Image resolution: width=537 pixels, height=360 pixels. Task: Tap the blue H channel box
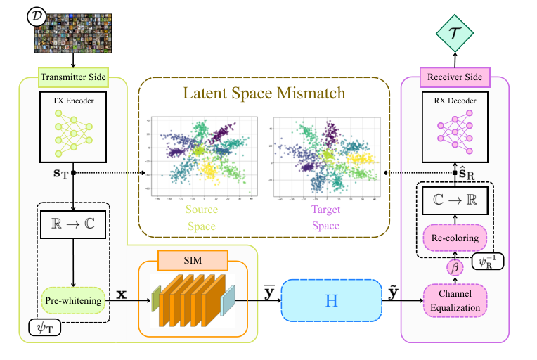[x=331, y=300]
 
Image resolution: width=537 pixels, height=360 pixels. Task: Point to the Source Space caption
[x=202, y=217]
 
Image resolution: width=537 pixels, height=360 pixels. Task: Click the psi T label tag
[x=44, y=327]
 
